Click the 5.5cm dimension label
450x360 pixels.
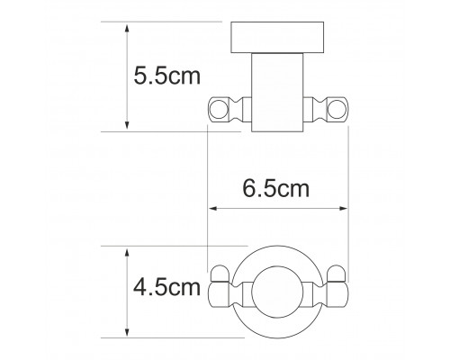pos(166,76)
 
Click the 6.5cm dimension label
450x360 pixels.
pos(275,189)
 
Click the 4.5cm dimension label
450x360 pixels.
pos(166,287)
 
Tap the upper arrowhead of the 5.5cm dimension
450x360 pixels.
pos(127,30)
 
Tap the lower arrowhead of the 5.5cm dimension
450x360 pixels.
pos(127,125)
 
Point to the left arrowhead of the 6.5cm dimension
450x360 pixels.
pos(212,208)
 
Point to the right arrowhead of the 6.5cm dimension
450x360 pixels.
pos(343,208)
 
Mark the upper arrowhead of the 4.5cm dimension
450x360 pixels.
pos(127,253)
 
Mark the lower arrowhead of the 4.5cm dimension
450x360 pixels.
pos(127,332)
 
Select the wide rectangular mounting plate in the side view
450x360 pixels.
pos(277,38)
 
